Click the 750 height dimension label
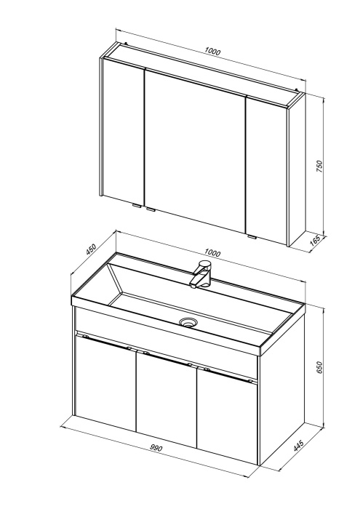tap(319, 166)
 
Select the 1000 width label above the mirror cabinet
tap(212, 51)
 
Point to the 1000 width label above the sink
tap(212, 253)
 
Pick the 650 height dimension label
tap(319, 367)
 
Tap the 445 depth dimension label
tap(298, 446)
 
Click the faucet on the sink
tap(201, 274)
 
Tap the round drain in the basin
tap(188, 322)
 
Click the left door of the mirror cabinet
tap(124, 131)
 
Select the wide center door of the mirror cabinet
tap(194, 151)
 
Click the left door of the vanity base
tap(105, 383)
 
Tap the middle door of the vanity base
tap(167, 400)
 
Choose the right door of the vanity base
tap(227, 416)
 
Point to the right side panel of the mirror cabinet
tap(297, 169)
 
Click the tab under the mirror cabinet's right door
tap(252, 236)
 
